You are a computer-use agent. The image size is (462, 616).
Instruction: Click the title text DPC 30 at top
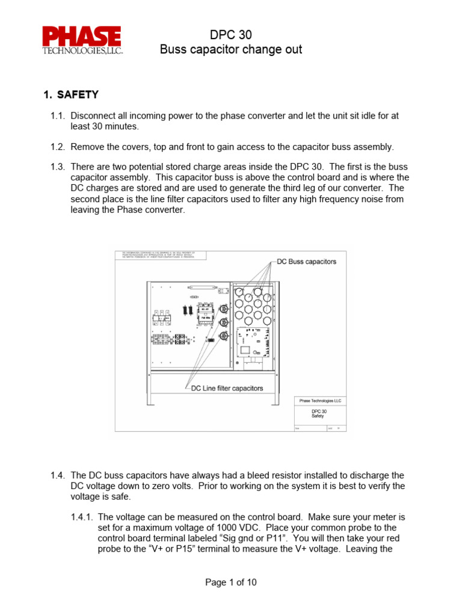click(x=230, y=35)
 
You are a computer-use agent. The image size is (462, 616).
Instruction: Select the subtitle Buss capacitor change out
click(x=230, y=49)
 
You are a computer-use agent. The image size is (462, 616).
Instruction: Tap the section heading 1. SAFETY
click(x=71, y=94)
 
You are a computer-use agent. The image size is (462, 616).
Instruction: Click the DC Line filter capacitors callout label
click(x=227, y=388)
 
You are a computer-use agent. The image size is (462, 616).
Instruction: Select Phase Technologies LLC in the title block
click(x=319, y=401)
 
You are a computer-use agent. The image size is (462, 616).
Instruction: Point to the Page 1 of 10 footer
click(x=230, y=582)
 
